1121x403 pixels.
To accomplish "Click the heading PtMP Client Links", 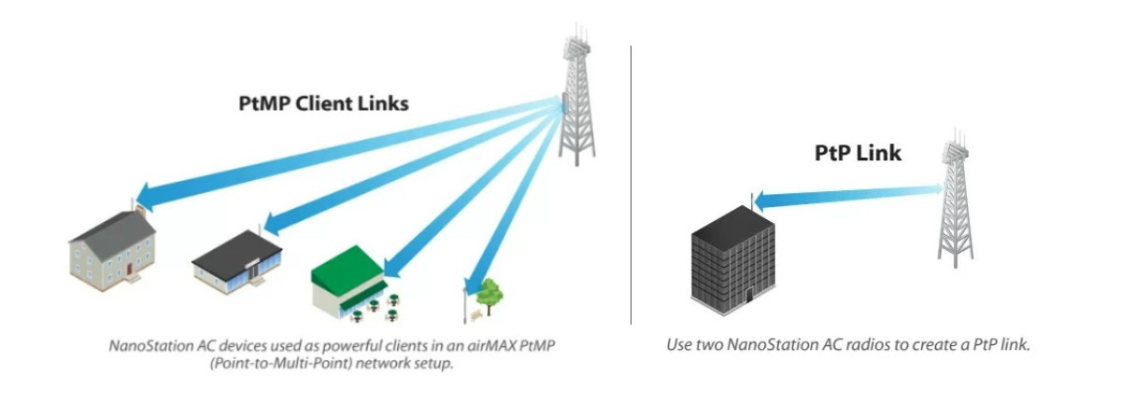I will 322,104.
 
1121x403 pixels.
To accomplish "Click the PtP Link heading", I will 858,152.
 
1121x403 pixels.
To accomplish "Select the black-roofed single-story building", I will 238,260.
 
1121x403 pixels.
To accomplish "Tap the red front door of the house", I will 128,269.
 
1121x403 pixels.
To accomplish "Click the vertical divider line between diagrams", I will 631,187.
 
